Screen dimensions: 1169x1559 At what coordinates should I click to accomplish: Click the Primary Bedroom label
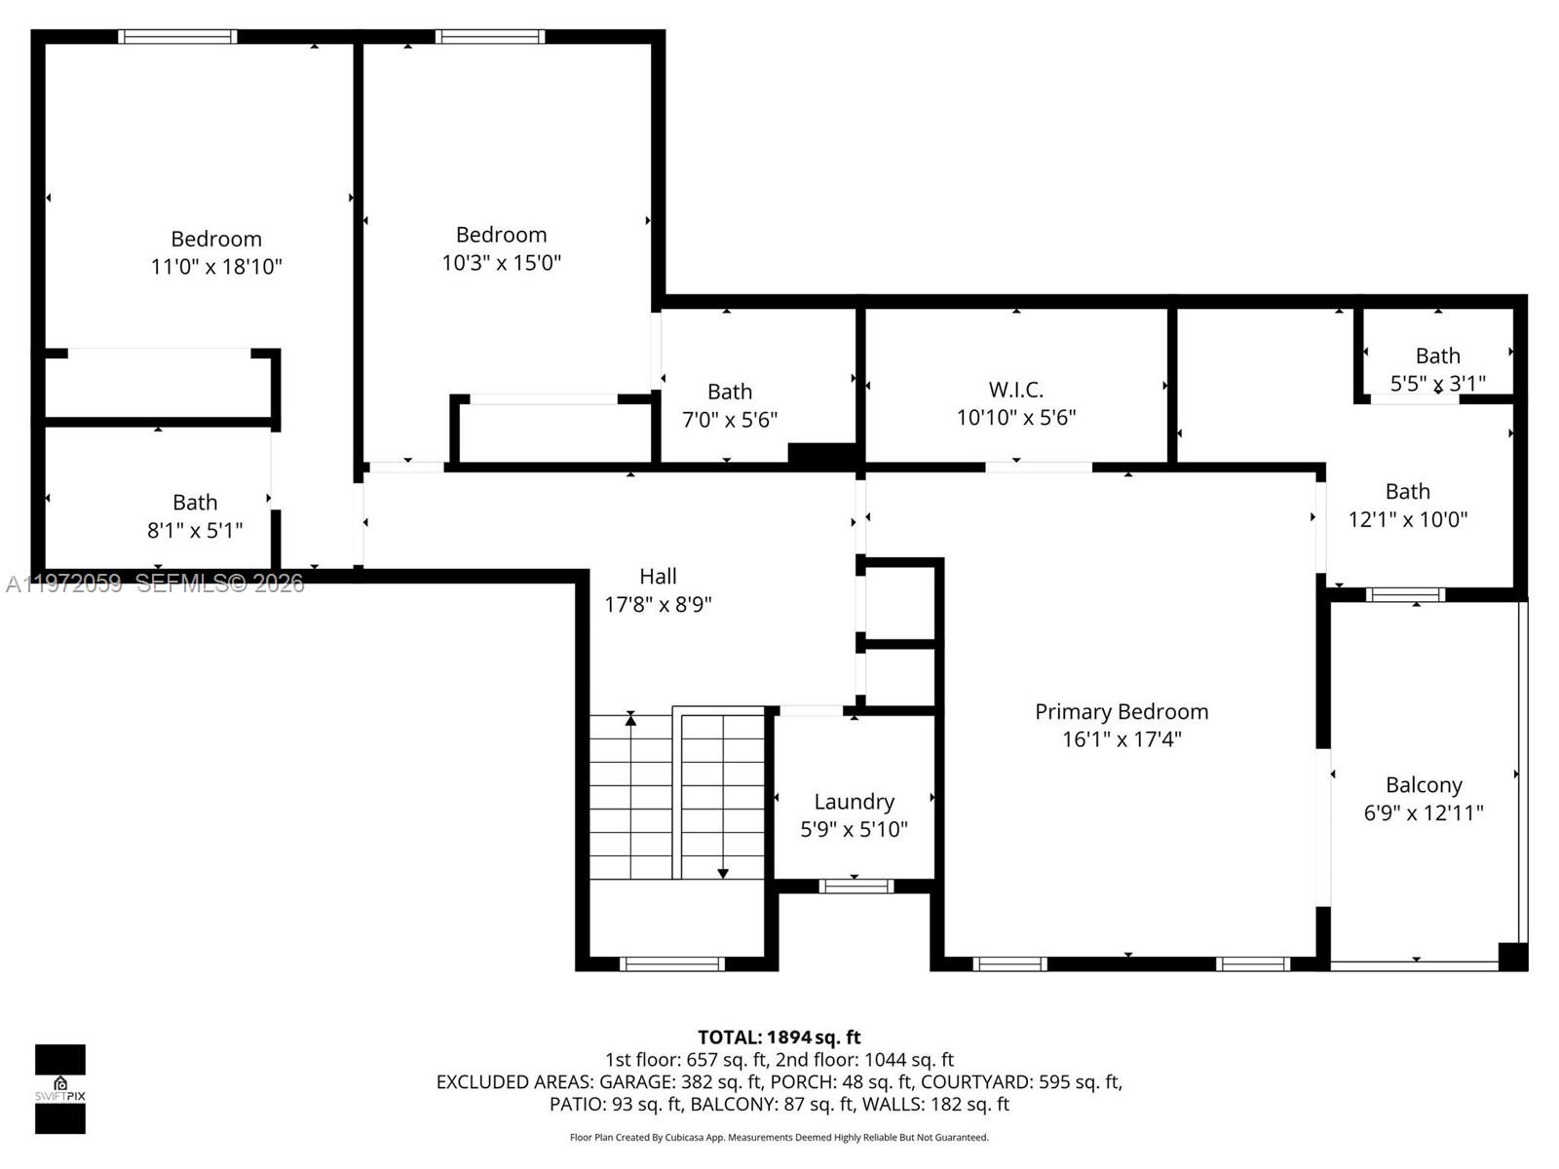click(x=1122, y=712)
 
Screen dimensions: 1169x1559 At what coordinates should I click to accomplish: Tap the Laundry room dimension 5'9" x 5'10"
click(x=854, y=829)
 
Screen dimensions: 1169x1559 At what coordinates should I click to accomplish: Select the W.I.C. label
click(x=1015, y=390)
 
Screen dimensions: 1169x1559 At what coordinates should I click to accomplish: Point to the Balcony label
click(x=1424, y=785)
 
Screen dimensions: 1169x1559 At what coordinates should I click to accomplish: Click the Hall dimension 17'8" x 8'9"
click(x=658, y=604)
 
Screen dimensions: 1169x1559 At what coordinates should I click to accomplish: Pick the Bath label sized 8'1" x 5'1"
click(x=195, y=503)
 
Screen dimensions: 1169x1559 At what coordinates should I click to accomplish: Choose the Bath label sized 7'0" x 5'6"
click(x=729, y=392)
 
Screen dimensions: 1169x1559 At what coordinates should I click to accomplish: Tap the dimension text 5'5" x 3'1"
click(x=1437, y=383)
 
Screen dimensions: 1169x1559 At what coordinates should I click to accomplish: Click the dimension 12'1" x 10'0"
click(x=1407, y=519)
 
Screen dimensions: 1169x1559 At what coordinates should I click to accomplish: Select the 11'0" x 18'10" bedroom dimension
click(x=216, y=266)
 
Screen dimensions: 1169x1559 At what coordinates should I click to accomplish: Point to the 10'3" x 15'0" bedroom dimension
click(x=501, y=262)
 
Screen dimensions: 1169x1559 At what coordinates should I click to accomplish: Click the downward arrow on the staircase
click(x=722, y=872)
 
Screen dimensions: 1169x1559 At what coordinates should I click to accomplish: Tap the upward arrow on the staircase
click(x=630, y=720)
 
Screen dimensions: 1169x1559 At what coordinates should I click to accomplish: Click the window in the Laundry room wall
click(x=856, y=886)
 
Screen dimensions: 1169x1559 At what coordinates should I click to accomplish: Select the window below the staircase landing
click(x=671, y=964)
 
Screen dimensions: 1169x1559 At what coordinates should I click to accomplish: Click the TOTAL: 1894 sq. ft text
click(x=779, y=1037)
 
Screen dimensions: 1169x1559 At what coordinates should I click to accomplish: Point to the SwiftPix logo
click(x=60, y=1088)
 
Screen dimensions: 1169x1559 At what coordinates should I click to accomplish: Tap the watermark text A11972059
click(x=64, y=584)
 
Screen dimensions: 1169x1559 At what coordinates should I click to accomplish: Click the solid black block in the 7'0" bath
click(x=821, y=453)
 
